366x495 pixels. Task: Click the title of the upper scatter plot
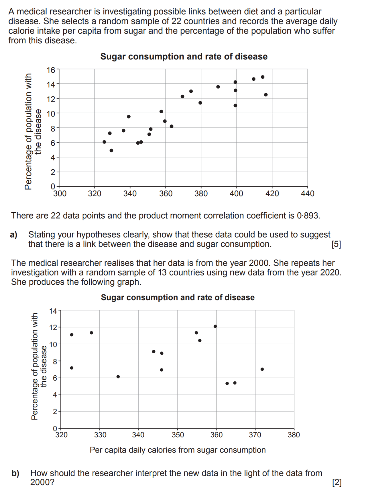(x=184, y=57)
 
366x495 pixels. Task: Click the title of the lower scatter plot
(x=178, y=297)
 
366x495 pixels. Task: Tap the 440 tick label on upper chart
(x=307, y=194)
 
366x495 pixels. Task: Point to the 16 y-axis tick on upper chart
(x=51, y=70)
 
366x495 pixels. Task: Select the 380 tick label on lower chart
(x=294, y=435)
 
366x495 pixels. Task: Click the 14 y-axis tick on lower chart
(x=53, y=311)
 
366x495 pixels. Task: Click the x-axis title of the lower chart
(x=178, y=450)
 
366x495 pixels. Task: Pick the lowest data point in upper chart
(x=111, y=150)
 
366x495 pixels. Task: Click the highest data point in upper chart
(x=263, y=77)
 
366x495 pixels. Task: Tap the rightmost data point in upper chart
(x=266, y=95)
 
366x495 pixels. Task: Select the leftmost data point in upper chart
(x=104, y=142)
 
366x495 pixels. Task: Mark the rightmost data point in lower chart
(x=262, y=369)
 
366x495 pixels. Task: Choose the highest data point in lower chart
(x=215, y=326)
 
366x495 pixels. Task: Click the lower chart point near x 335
(x=118, y=376)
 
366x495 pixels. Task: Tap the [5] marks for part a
(x=336, y=244)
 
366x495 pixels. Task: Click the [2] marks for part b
(x=337, y=482)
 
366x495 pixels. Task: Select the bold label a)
(x=13, y=235)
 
